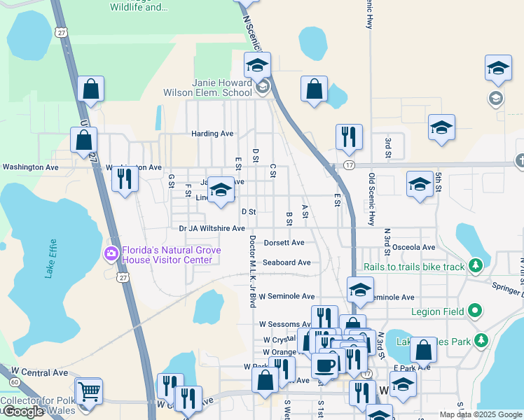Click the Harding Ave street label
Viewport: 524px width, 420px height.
click(212, 133)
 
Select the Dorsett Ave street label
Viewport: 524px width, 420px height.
click(284, 243)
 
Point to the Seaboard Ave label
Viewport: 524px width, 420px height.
click(287, 262)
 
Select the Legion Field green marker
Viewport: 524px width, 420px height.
click(475, 309)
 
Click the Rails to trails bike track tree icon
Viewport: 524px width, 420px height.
click(476, 266)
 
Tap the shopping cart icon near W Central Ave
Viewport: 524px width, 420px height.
click(89, 392)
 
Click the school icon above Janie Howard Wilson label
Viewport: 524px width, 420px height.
click(257, 66)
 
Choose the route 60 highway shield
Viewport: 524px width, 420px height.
click(15, 381)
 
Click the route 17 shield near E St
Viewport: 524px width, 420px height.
click(348, 165)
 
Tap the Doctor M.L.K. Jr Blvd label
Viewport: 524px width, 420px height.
click(251, 272)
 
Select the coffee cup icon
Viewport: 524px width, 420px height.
click(324, 365)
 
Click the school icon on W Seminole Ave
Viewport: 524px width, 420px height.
click(359, 290)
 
